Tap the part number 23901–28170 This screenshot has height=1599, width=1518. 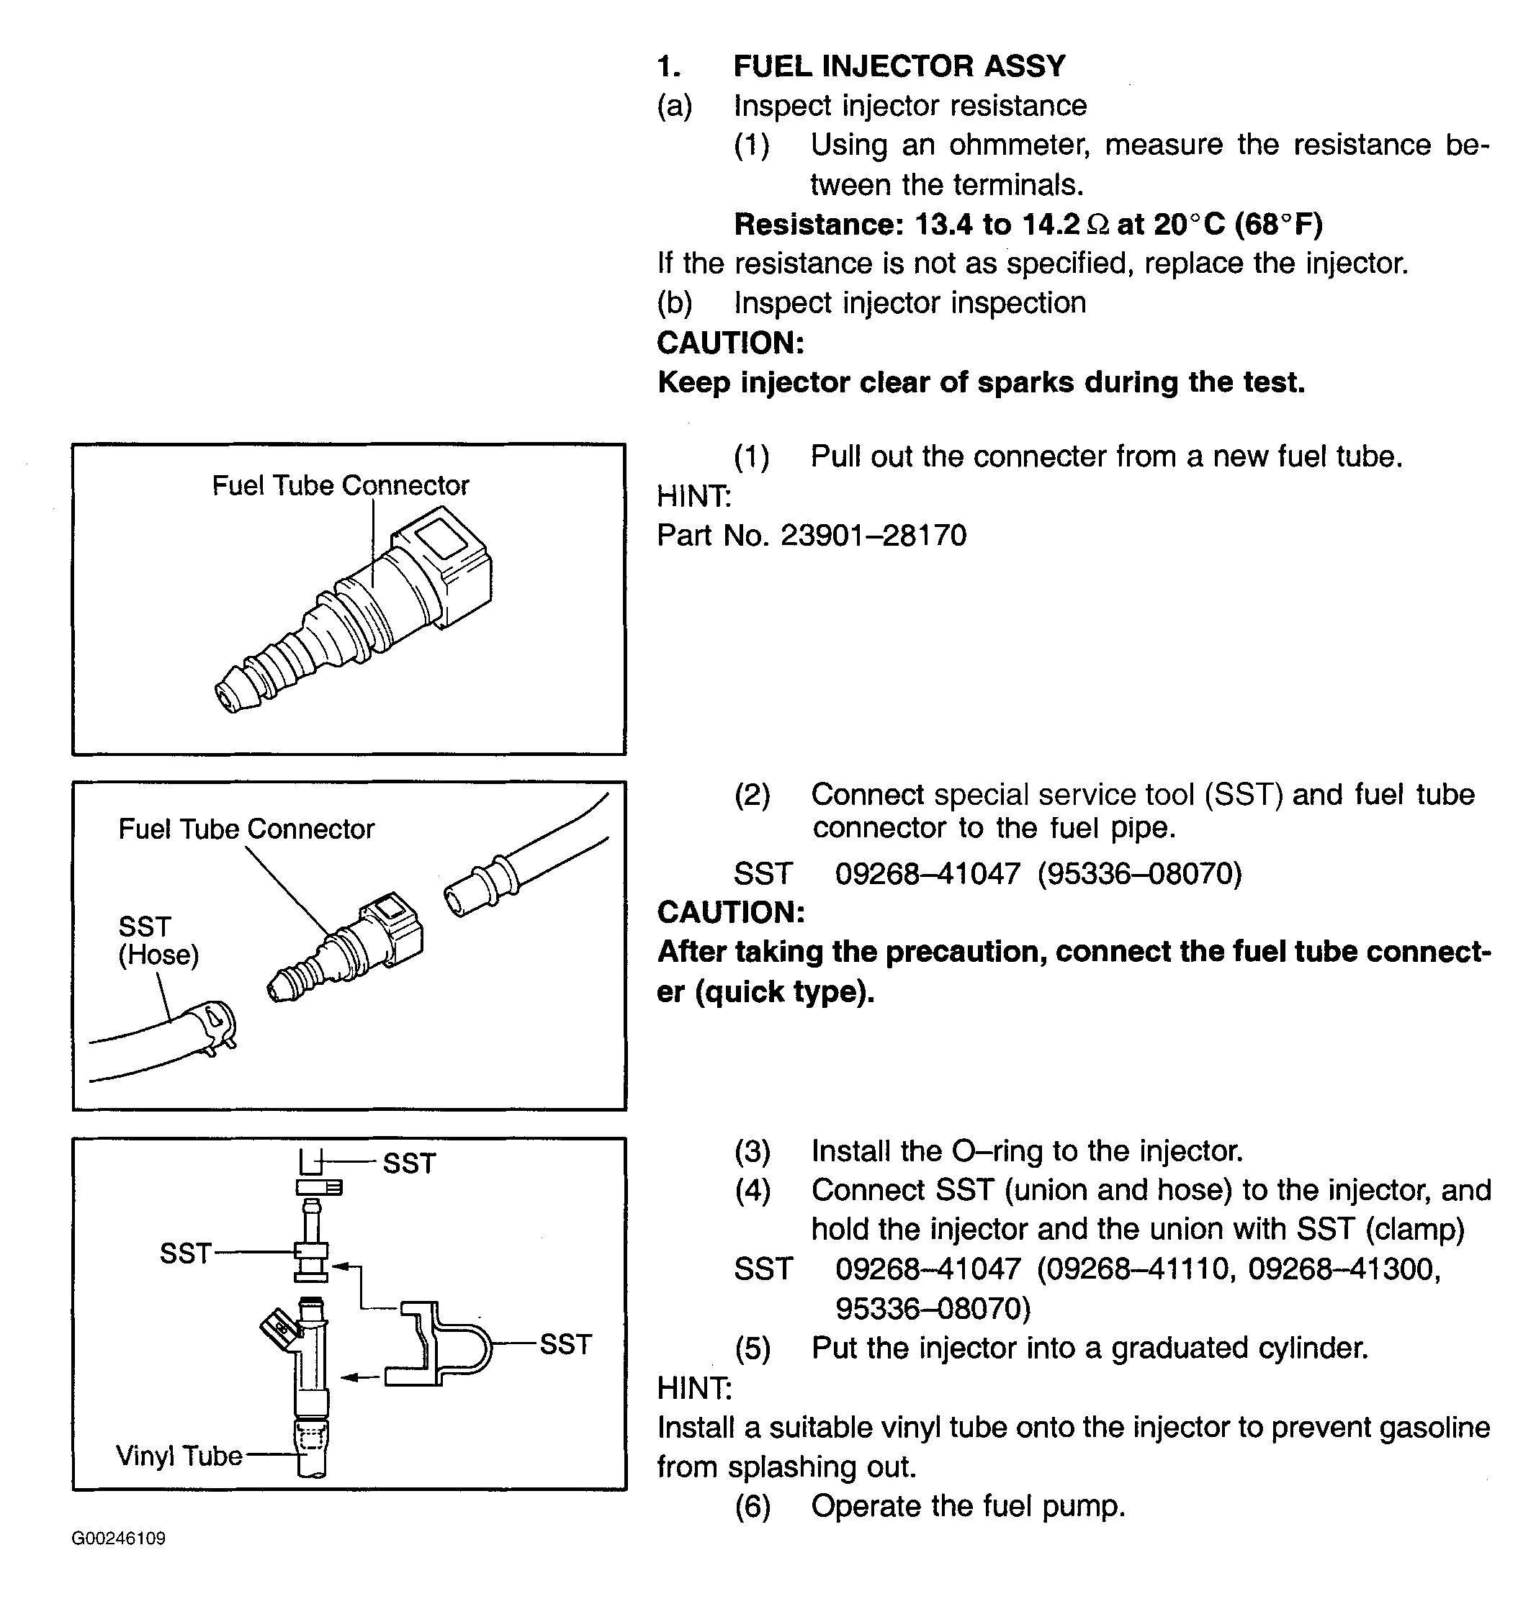(x=873, y=536)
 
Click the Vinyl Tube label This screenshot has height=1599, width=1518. (x=179, y=1455)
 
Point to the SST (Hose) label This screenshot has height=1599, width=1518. (x=158, y=941)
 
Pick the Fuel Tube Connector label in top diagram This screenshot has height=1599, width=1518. (x=340, y=485)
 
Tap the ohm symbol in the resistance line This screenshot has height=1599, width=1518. (x=1097, y=225)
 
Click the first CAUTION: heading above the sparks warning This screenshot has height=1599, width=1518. (x=730, y=343)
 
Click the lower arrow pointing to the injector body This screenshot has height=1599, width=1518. (x=359, y=1377)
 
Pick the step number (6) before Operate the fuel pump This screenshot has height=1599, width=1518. (x=752, y=1506)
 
